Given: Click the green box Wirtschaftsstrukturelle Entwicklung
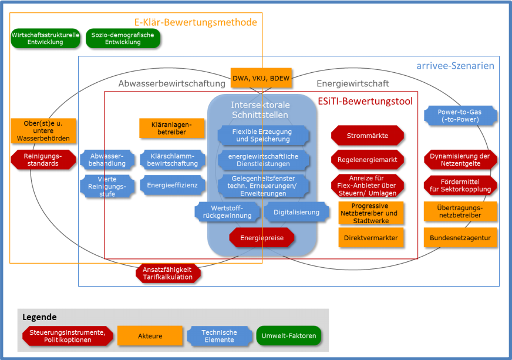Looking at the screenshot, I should coord(45,39).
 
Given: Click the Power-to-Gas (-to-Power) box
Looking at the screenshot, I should coord(460,116).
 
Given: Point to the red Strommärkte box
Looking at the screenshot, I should coord(368,136).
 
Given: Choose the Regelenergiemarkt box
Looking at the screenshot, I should coord(368,159).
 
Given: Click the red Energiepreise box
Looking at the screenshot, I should coord(261,238).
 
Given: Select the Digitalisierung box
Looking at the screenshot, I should coord(296,212).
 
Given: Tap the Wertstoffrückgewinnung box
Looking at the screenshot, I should coord(227,212).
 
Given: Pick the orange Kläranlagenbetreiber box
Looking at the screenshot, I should coord(172,128).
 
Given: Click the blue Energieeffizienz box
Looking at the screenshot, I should coord(173,186).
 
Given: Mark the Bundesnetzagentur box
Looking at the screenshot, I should coord(460,238).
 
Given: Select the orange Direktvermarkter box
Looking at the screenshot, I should coord(371,238).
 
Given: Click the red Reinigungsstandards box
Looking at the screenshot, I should coord(43,160).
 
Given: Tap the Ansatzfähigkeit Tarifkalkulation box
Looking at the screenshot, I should coord(167,273).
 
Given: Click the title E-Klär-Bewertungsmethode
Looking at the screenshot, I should coord(196,22).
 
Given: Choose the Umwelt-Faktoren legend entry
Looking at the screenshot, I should coord(288,336).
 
